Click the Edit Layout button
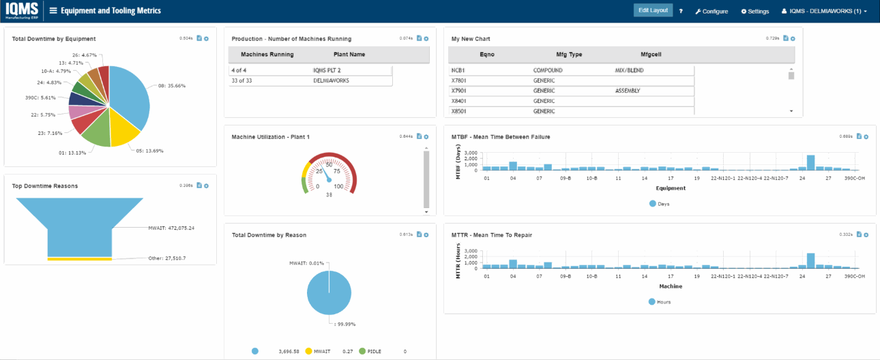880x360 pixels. [x=653, y=10]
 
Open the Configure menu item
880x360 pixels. [x=712, y=11]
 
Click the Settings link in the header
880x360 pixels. [x=754, y=11]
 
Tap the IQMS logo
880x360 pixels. [x=21, y=11]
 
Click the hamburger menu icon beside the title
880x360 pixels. [x=53, y=11]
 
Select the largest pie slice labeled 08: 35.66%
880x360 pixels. [x=130, y=95]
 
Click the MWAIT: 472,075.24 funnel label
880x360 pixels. [x=171, y=228]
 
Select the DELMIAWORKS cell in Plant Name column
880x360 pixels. [x=328, y=80]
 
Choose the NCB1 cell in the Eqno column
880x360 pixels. [x=458, y=70]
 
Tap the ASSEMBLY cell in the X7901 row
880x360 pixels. [x=628, y=90]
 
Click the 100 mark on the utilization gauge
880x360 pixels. [x=339, y=185]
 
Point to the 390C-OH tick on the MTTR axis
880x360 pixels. [x=855, y=277]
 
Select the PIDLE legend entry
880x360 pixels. [x=372, y=351]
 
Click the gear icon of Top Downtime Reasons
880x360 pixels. [x=206, y=185]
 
